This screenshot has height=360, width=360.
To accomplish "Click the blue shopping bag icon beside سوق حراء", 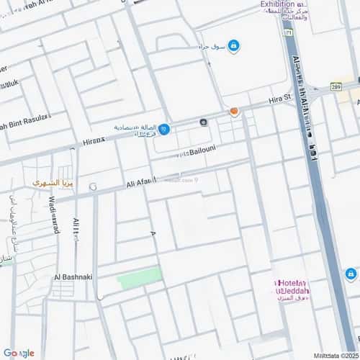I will point(234,46).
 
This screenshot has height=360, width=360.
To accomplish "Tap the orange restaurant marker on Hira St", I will point(234,112).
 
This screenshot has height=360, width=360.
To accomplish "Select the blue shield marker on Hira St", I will point(165,129).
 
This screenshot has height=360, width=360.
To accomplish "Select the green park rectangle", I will point(140,278).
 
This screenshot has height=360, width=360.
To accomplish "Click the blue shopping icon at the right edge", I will point(351,274).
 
